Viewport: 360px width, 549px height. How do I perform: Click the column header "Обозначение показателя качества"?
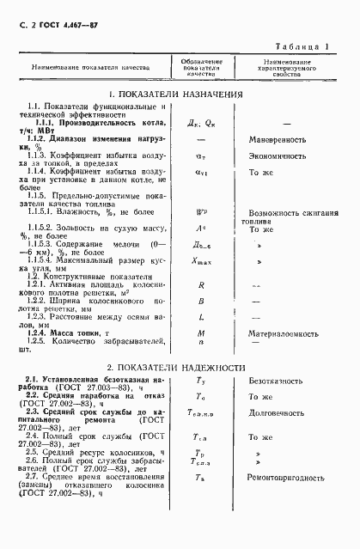pyautogui.click(x=201, y=66)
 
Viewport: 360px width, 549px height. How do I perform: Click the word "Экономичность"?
pyautogui.click(x=278, y=156)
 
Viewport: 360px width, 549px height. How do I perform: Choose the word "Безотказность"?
pyautogui.click(x=276, y=379)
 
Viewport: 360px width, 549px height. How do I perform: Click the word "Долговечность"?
pyautogui.click(x=278, y=412)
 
